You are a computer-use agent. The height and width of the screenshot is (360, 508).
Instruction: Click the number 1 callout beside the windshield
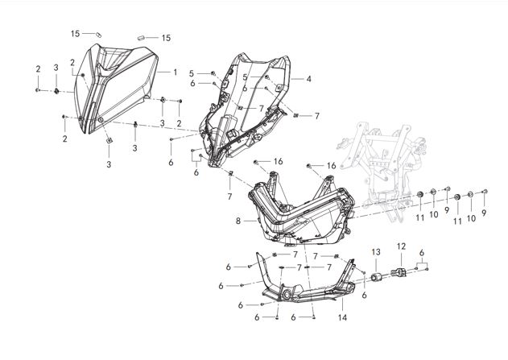[x=175, y=72]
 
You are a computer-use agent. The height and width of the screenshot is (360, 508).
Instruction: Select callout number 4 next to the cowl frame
[x=308, y=80]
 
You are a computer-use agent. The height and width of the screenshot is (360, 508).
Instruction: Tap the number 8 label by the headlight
[x=238, y=220]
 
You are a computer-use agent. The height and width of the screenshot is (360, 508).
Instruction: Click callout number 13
[x=375, y=253]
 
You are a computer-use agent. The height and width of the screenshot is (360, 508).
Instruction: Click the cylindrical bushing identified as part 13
[x=374, y=278]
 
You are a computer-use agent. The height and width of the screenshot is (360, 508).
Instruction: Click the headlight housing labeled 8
[x=302, y=213]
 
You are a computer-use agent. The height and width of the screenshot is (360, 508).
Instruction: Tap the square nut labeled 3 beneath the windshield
[x=109, y=143]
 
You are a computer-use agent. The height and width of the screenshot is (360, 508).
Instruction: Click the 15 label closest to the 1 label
[x=167, y=38]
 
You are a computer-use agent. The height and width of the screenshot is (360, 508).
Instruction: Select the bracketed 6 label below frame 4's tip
[x=196, y=171]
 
